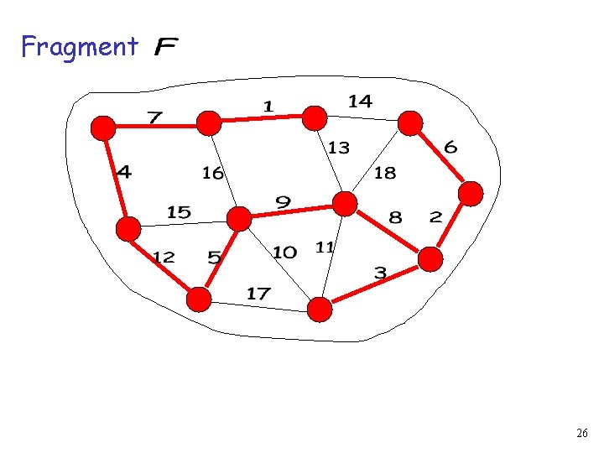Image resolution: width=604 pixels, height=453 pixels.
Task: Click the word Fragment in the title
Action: point(79,47)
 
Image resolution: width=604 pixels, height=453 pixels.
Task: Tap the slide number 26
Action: point(581,434)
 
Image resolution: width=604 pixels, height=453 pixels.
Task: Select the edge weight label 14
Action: point(360,101)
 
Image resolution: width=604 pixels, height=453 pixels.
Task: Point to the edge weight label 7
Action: point(154,116)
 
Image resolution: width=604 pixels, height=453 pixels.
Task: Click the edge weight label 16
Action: point(213,173)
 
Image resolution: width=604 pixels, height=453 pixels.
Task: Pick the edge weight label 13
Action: point(338,148)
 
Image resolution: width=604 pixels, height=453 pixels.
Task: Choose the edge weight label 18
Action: point(384,173)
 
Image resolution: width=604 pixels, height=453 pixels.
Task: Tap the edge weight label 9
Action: point(284,202)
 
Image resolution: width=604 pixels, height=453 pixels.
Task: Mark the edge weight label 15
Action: point(179,212)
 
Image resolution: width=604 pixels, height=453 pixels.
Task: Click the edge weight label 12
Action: point(164,257)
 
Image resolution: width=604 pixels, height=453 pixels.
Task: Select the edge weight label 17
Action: point(258,294)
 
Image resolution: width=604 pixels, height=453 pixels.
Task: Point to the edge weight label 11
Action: point(325,247)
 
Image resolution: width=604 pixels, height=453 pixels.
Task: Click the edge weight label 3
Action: point(380,273)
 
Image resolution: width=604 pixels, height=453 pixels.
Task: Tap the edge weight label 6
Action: point(450,148)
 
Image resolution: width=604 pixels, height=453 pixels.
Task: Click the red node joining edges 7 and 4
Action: point(103,128)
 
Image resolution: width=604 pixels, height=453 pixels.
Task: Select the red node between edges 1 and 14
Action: point(315,118)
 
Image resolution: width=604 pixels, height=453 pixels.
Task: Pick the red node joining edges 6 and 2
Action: point(471,194)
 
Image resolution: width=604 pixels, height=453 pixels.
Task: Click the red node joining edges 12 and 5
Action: point(199,299)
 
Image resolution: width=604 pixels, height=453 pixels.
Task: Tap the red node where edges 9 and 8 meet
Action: point(345,203)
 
